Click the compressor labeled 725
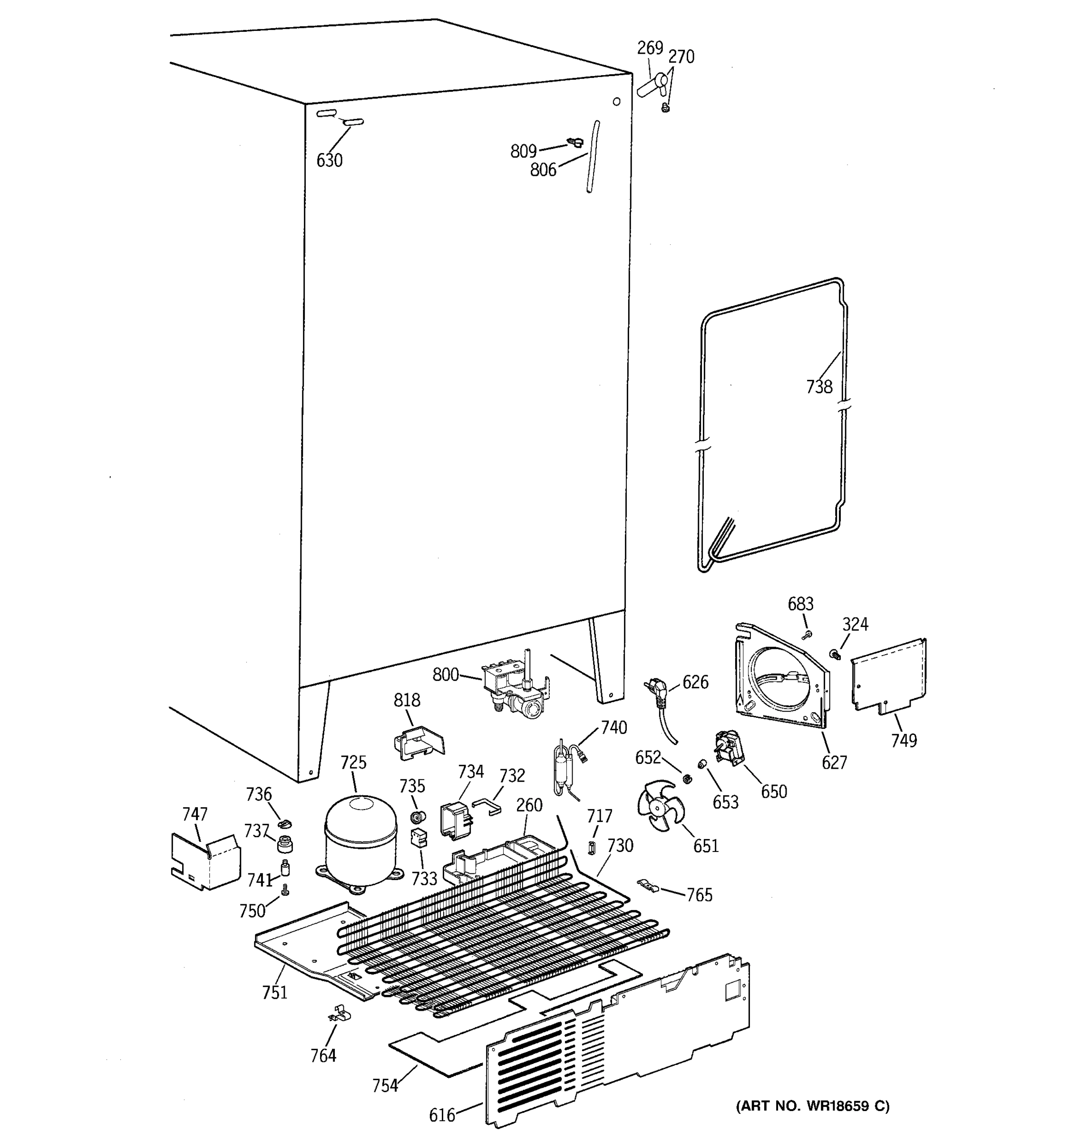pos(360,841)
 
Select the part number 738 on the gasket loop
pos(819,387)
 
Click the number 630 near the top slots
pos(330,161)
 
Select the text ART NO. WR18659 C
pos(813,1106)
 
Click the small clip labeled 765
pos(649,886)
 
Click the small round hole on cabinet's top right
pos(616,102)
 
